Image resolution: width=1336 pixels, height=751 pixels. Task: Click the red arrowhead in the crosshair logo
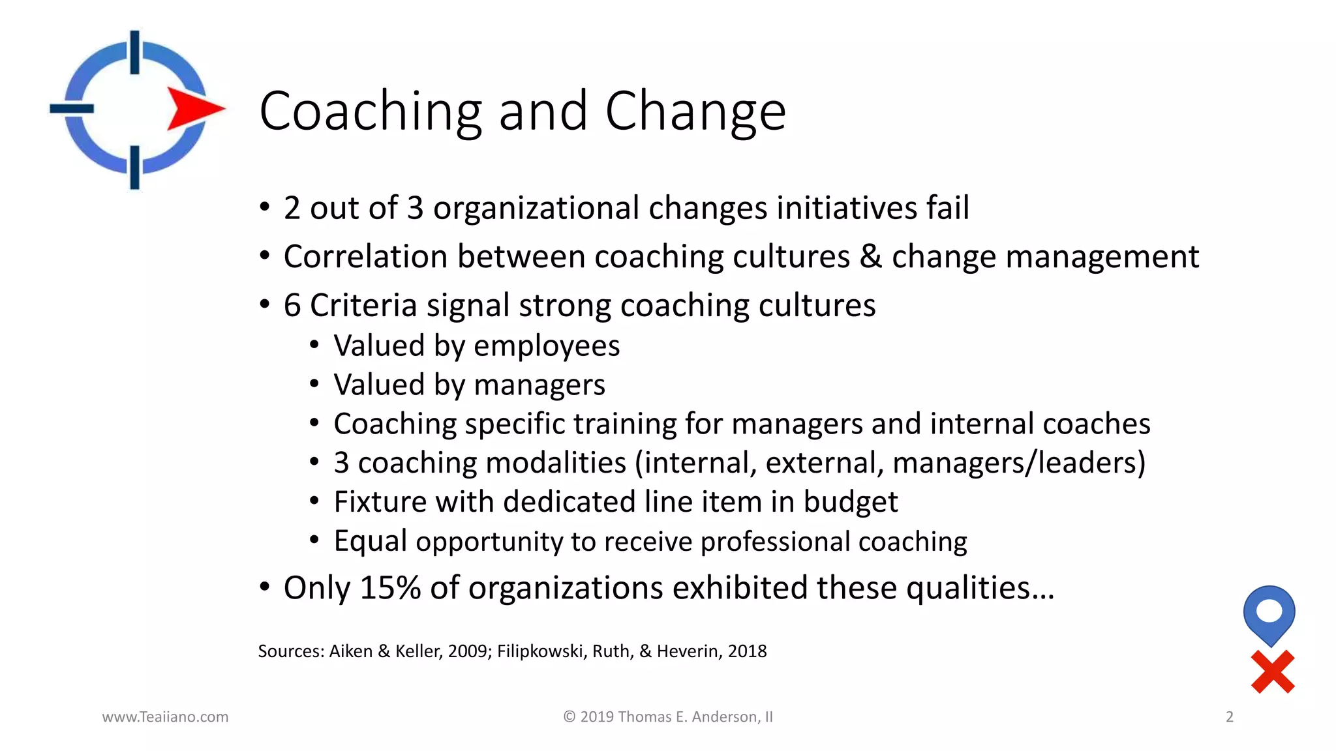click(194, 108)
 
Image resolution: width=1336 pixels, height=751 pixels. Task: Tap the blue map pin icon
click(1269, 613)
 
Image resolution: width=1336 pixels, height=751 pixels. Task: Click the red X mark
click(1273, 671)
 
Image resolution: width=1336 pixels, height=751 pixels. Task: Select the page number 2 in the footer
click(1230, 717)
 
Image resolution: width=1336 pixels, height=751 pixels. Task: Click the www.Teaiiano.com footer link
click(165, 717)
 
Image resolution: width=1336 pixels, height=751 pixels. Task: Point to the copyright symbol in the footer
click(569, 717)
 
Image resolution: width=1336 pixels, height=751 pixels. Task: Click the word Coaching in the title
click(371, 112)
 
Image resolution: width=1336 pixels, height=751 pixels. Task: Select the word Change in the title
click(695, 112)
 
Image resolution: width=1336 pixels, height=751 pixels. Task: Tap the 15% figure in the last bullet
click(390, 588)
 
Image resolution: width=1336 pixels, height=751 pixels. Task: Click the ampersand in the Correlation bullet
click(871, 256)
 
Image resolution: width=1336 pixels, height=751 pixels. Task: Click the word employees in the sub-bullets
click(547, 346)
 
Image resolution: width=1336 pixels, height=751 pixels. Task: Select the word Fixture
click(380, 502)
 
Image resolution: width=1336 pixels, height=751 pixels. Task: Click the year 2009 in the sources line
click(467, 651)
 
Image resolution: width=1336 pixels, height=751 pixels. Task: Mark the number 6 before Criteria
click(292, 305)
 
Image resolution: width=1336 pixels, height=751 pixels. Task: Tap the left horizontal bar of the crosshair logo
click(72, 108)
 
